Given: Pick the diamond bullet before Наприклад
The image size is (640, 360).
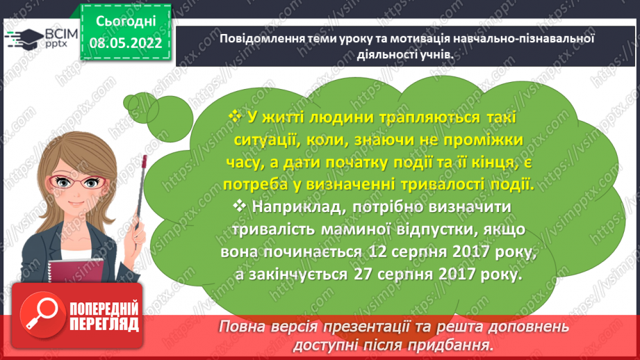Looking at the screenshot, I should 240,206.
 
